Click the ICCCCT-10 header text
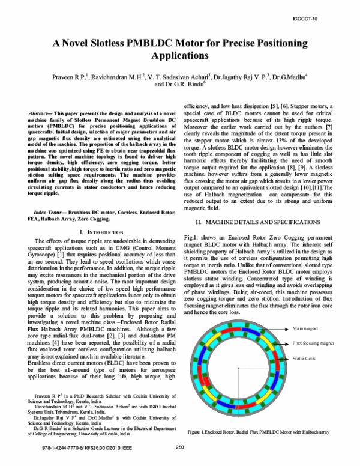(x=323, y=19)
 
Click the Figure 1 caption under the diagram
(x=257, y=432)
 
